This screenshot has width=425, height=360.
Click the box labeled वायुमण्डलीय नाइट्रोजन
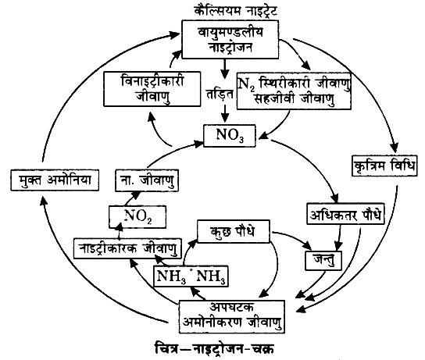pyautogui.click(x=230, y=39)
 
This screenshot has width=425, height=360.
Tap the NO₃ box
pyautogui.click(x=230, y=135)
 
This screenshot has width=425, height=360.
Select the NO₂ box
pyautogui.click(x=137, y=217)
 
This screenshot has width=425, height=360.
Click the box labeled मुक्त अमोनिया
pyautogui.click(x=55, y=180)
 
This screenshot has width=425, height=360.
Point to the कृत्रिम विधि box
pyautogui.click(x=384, y=166)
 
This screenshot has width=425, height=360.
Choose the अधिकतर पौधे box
pyautogui.click(x=345, y=214)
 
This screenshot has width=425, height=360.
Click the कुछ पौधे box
pyautogui.click(x=234, y=231)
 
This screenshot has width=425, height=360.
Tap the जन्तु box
pyautogui.click(x=323, y=261)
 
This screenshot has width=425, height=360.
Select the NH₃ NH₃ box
pyautogui.click(x=191, y=276)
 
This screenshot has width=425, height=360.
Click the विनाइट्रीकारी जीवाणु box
pyautogui.click(x=152, y=89)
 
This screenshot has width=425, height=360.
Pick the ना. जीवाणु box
pyautogui.click(x=147, y=180)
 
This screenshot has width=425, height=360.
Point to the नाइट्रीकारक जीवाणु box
pyautogui.click(x=127, y=248)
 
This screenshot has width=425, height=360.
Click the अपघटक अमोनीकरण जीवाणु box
pyautogui.click(x=232, y=316)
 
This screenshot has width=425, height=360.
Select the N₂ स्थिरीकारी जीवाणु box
pyautogui.click(x=294, y=91)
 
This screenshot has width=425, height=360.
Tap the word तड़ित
pyautogui.click(x=220, y=94)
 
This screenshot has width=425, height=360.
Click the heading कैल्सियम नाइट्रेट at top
pyautogui.click(x=236, y=12)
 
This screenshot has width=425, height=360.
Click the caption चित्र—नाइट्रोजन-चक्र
pyautogui.click(x=215, y=348)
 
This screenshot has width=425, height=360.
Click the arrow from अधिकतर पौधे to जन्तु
pyautogui.click(x=338, y=237)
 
